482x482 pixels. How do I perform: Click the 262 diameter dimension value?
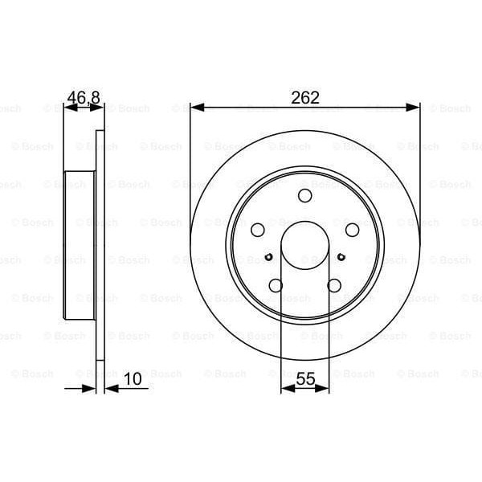(305, 97)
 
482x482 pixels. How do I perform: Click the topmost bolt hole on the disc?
(304, 197)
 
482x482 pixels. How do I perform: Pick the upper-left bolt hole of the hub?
(258, 230)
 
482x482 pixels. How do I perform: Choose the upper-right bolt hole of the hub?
(352, 230)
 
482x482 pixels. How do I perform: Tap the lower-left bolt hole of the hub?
(276, 284)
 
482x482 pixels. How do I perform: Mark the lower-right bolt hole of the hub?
(333, 284)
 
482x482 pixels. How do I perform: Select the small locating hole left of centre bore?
(268, 257)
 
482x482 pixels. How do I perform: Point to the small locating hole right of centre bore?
(341, 257)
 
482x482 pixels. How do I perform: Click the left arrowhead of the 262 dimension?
(196, 106)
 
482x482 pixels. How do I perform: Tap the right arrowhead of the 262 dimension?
(415, 106)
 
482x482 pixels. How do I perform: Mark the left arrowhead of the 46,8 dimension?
(68, 106)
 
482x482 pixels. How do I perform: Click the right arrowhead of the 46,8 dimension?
(100, 106)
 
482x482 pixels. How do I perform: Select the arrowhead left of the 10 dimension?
(91, 388)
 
